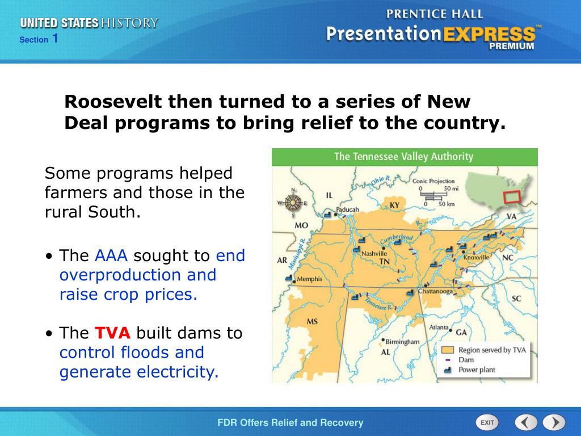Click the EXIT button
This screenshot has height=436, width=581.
tap(487, 422)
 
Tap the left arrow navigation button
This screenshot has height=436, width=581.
tap(526, 422)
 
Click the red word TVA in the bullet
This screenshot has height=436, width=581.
tap(112, 333)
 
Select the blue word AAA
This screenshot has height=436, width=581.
tap(111, 255)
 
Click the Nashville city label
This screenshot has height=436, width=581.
tap(374, 253)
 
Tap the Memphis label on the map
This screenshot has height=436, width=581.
tap(309, 279)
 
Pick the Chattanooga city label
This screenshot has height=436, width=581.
tap(435, 291)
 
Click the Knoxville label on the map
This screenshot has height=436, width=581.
tap(476, 257)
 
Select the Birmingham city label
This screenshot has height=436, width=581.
tap(402, 342)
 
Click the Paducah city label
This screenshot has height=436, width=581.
tap(347, 209)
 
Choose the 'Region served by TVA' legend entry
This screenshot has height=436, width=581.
tap(491, 350)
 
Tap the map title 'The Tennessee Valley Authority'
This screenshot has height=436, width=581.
tap(403, 157)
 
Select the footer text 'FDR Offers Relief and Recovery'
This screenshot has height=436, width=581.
tap(290, 422)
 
